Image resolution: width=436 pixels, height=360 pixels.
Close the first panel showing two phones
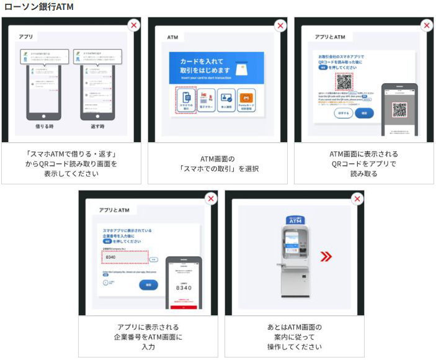(x=134, y=25)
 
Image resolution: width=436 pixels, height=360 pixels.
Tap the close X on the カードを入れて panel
(x=280, y=25)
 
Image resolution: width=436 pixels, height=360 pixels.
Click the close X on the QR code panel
(x=427, y=25)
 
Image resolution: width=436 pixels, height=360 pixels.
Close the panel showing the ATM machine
(x=357, y=199)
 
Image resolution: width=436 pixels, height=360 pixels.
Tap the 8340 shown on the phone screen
(x=183, y=287)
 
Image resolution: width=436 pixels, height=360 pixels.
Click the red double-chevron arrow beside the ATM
(x=326, y=257)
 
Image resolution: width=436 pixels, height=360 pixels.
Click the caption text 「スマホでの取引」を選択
(x=216, y=169)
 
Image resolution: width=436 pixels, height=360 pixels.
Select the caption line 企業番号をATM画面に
(x=148, y=337)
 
